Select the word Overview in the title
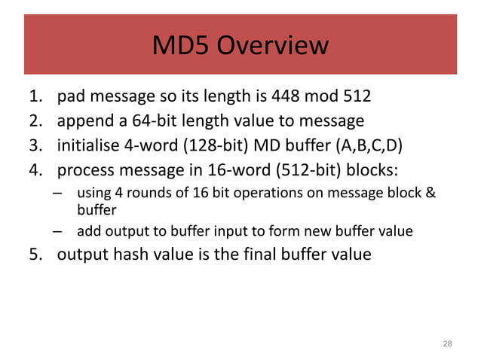point(273,46)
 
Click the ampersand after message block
point(430,192)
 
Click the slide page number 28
point(447,343)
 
